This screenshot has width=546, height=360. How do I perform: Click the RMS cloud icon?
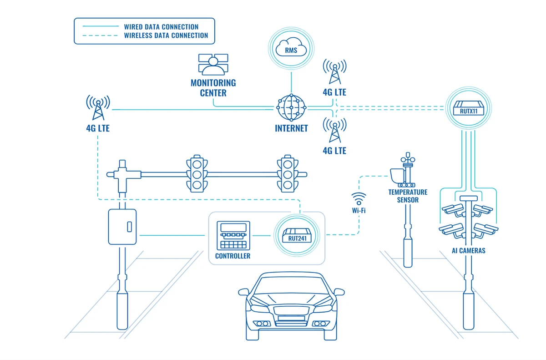pyautogui.click(x=291, y=49)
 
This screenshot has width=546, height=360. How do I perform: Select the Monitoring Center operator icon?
pyautogui.click(x=213, y=65)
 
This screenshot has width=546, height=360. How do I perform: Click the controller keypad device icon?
pyautogui.click(x=233, y=235)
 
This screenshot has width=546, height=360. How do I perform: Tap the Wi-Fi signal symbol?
pyautogui.click(x=359, y=199)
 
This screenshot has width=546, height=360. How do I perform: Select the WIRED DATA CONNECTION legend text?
pyautogui.click(x=161, y=27)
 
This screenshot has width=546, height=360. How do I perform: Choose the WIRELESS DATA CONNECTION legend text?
pyautogui.click(x=166, y=35)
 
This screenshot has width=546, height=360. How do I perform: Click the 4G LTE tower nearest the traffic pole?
pyautogui.click(x=98, y=107)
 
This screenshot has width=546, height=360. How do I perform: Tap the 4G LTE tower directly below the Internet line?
pyautogui.click(x=334, y=131)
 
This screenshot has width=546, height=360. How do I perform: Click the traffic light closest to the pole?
pyautogui.click(x=196, y=173)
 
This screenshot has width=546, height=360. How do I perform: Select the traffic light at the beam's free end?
pyautogui.click(x=287, y=173)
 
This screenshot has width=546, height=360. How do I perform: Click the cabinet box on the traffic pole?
pyautogui.click(x=122, y=226)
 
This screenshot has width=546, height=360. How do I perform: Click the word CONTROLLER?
pyautogui.click(x=233, y=256)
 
